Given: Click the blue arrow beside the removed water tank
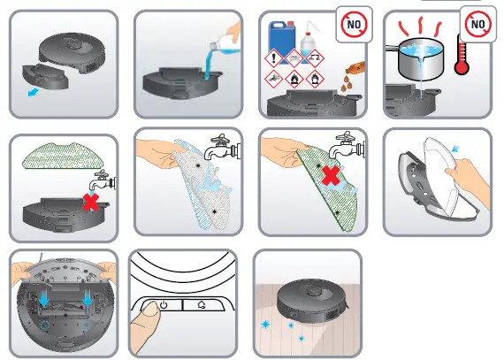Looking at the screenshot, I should pos(34,91).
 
